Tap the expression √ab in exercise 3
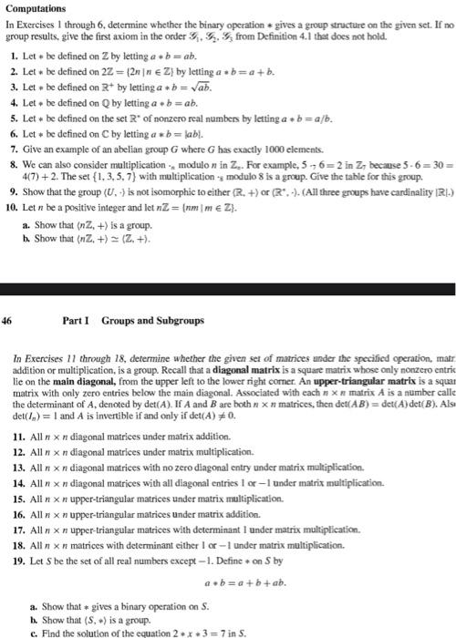[200, 88]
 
